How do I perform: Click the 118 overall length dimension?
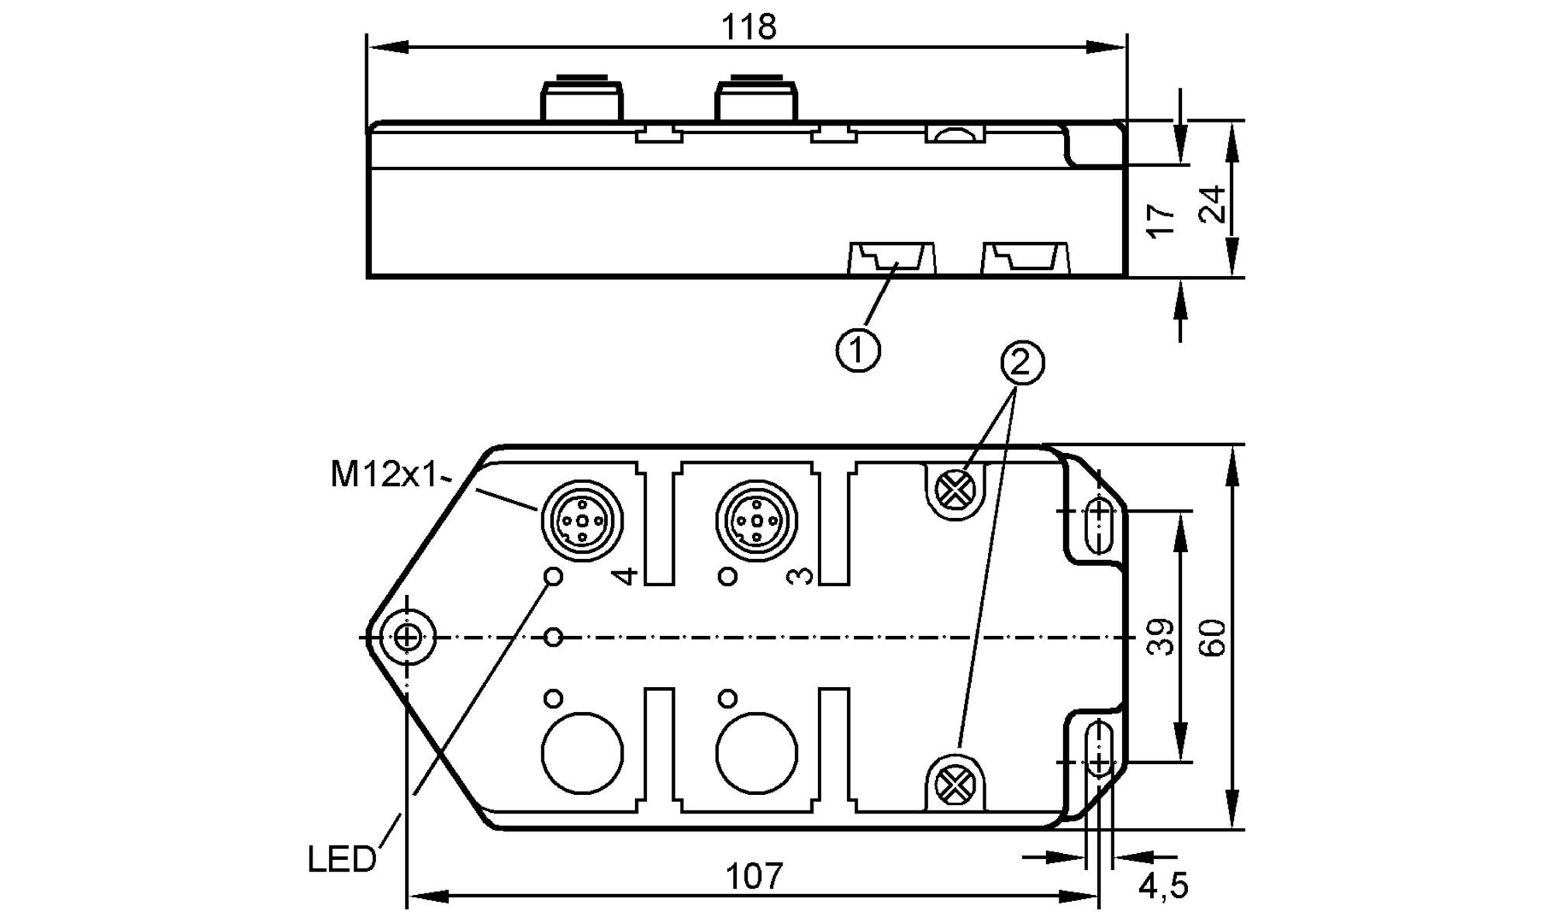coord(748,28)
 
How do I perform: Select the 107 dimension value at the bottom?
coord(754,876)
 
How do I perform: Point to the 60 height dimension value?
coord(1214,637)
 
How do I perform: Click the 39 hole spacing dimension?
coord(1161,637)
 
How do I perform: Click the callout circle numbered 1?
coord(858,351)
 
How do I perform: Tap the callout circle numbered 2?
coord(1022,362)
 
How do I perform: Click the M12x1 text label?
coord(385,474)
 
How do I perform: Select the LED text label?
coord(341,859)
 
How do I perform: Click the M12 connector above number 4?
coord(582,520)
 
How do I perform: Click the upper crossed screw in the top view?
coord(955,490)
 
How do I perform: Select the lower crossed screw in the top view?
coord(955,785)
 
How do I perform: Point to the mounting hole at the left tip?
coord(407,637)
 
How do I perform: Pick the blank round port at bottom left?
coord(582,754)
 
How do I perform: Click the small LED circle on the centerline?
coord(554,637)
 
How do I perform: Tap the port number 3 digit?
coord(800,575)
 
